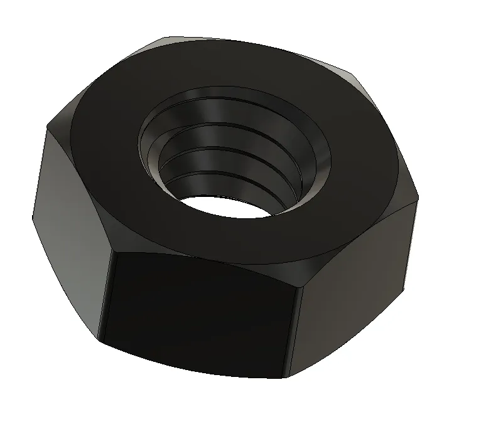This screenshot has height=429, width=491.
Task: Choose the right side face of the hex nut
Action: tap(358, 282)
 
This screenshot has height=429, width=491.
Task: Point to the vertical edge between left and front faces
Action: tap(105, 301)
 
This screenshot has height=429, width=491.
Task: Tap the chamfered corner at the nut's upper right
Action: tap(355, 78)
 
